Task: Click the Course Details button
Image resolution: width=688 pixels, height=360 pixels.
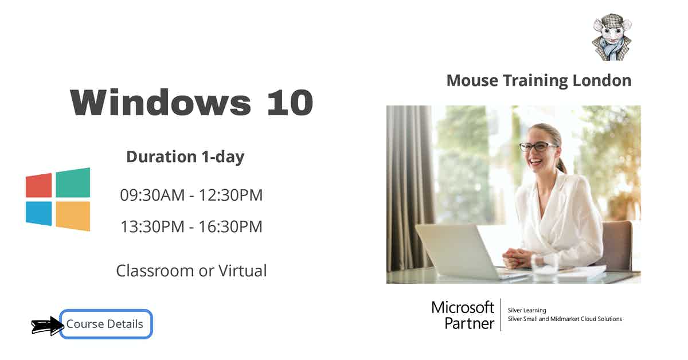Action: coord(105,324)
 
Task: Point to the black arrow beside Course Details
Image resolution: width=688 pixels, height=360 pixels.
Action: coord(47,326)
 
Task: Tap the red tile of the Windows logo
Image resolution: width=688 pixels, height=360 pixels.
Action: coord(39,186)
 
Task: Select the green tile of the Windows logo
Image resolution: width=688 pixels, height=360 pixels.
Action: coord(73,182)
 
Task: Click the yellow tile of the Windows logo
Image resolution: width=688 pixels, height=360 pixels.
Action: coord(73,216)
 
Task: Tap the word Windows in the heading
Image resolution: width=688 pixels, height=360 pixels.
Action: coord(161,103)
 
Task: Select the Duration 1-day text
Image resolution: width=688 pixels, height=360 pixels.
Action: coord(185,156)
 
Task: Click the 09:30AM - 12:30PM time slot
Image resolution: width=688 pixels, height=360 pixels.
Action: coord(191,195)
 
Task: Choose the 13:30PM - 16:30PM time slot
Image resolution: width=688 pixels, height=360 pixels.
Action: coord(191,226)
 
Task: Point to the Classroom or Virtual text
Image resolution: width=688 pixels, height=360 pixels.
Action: coord(191,270)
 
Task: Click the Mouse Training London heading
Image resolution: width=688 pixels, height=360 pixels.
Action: coord(538,80)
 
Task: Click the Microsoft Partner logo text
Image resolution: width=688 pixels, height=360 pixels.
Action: coord(463,315)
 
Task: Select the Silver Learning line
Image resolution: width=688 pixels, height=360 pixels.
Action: coord(527,310)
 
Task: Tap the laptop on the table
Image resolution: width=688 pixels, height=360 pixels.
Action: coord(459,252)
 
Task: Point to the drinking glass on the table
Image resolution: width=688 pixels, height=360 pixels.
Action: coord(544,265)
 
